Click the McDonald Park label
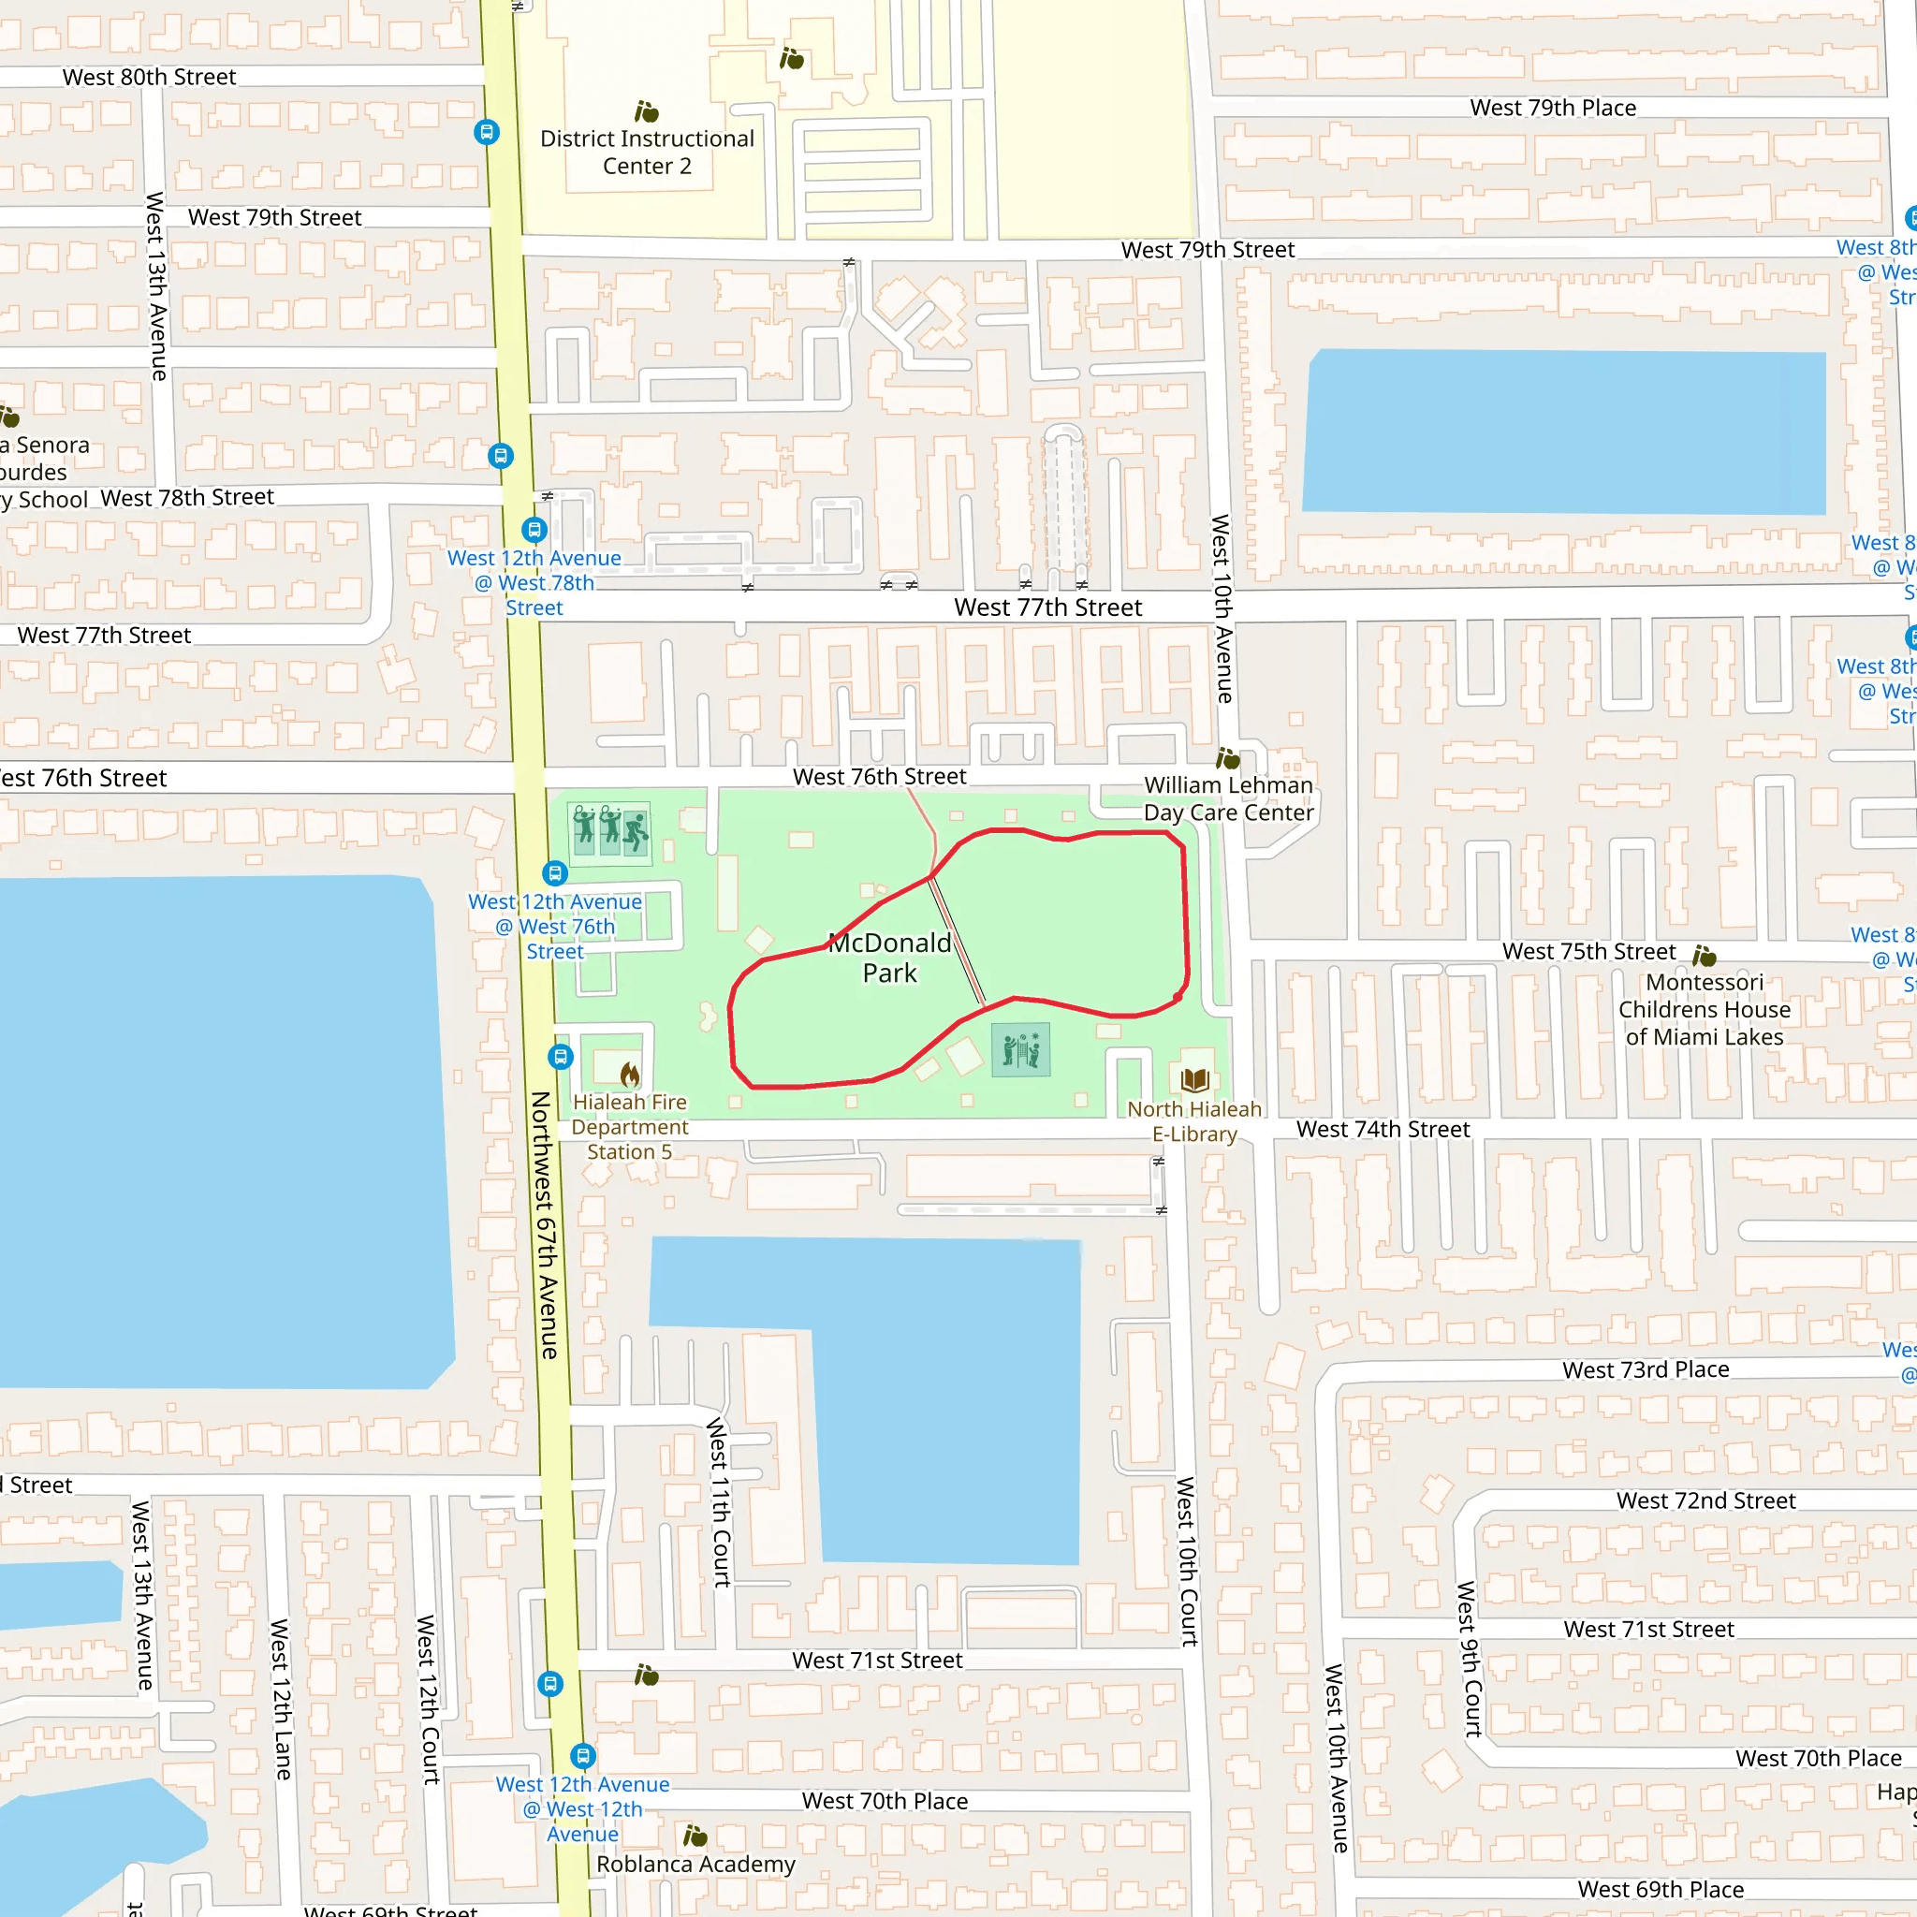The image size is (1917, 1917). pyautogui.click(x=889, y=958)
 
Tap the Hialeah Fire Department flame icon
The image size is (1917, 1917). pyautogui.click(x=630, y=1074)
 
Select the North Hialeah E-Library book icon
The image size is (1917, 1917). pyautogui.click(x=1194, y=1079)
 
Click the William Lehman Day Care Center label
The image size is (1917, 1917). pyautogui.click(x=1228, y=798)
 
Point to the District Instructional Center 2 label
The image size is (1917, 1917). pyautogui.click(x=647, y=152)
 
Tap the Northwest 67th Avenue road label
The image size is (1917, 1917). pyautogui.click(x=546, y=1225)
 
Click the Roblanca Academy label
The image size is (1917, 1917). pyautogui.click(x=695, y=1865)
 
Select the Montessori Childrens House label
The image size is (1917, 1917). pyautogui.click(x=1705, y=1009)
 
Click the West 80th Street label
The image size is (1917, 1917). pyautogui.click(x=149, y=77)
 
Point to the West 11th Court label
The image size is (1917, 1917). pyautogui.click(x=720, y=1502)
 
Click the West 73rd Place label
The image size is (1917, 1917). pyautogui.click(x=1646, y=1369)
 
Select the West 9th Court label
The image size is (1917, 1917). pyautogui.click(x=1469, y=1658)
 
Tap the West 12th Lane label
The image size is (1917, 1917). pyautogui.click(x=281, y=1699)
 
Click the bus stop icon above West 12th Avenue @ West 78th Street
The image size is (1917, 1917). pyautogui.click(x=534, y=530)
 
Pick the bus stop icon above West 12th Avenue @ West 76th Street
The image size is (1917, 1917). pyautogui.click(x=555, y=873)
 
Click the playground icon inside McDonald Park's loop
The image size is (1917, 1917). pyautogui.click(x=1021, y=1048)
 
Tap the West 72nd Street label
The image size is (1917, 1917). pyautogui.click(x=1705, y=1500)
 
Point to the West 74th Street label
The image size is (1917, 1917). pyautogui.click(x=1383, y=1129)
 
